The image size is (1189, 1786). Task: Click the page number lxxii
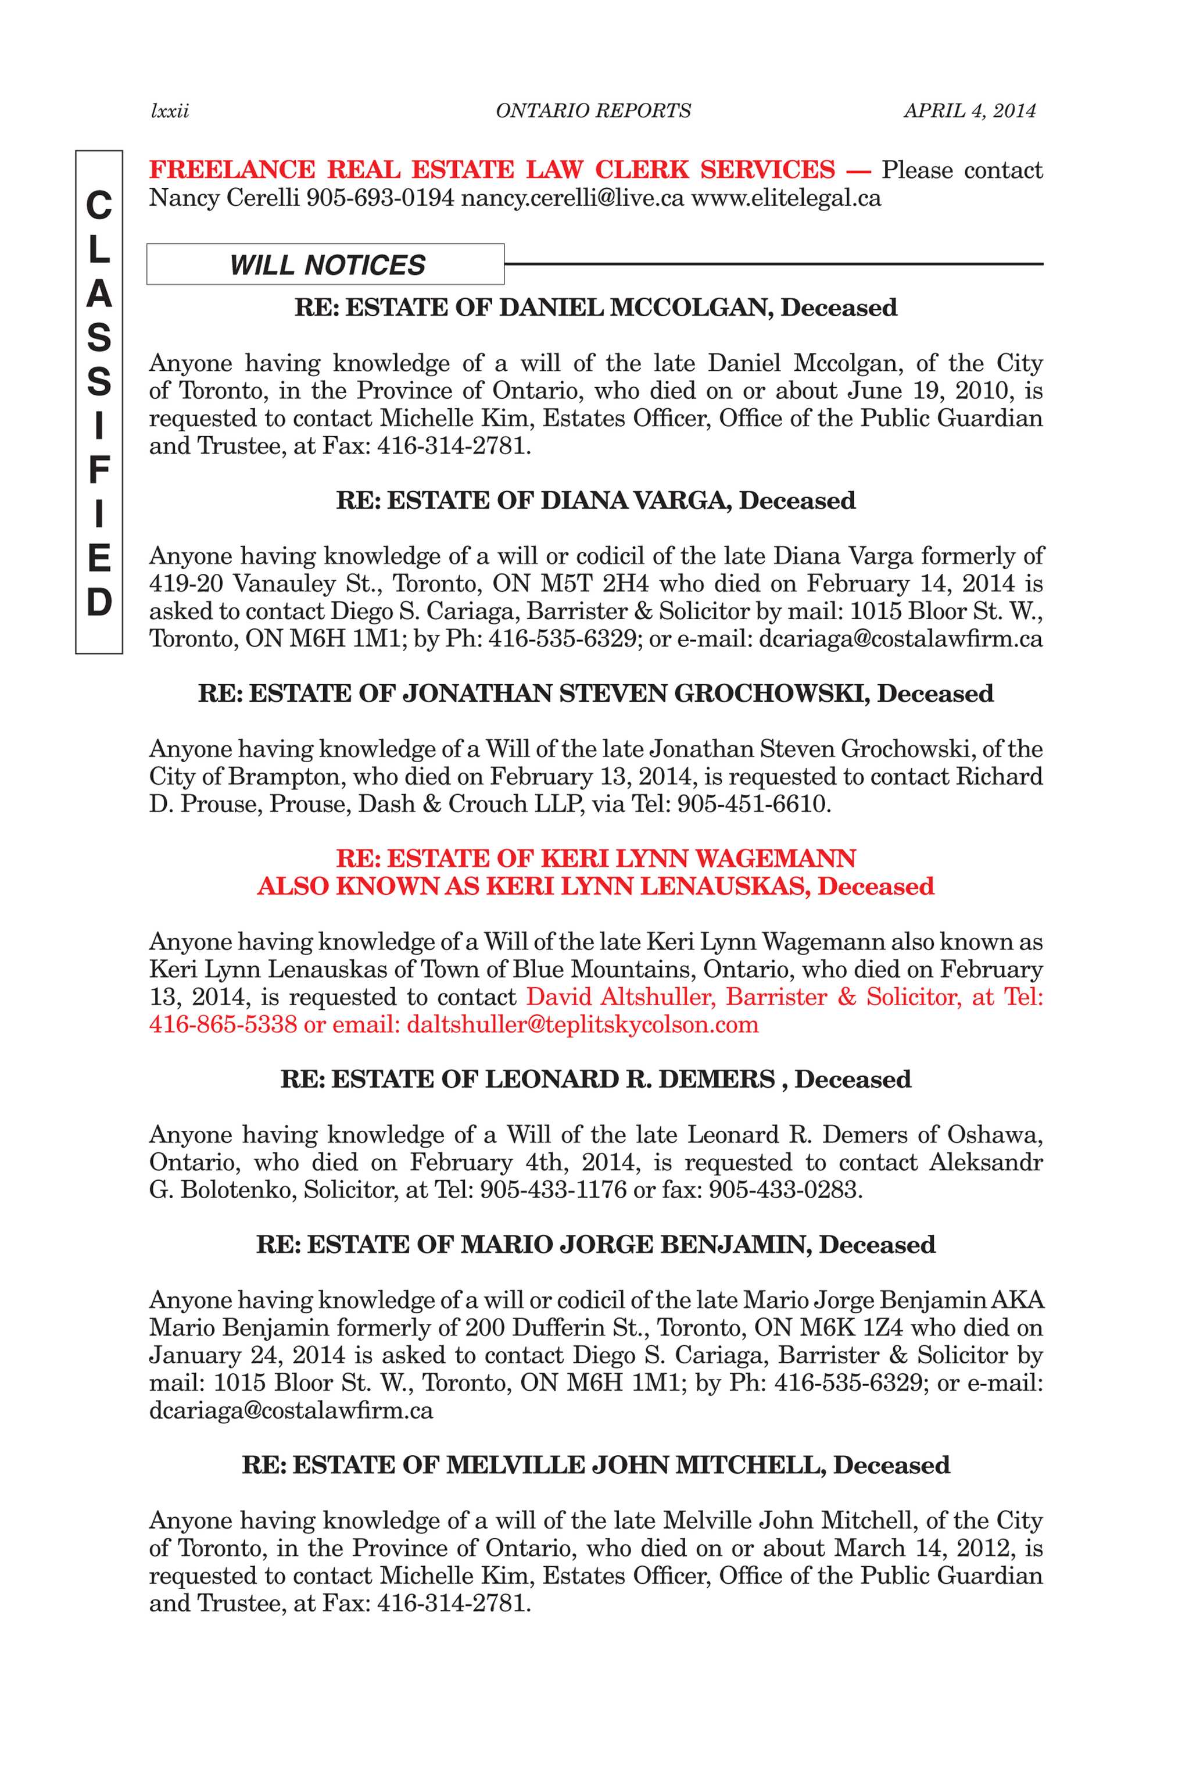coord(170,112)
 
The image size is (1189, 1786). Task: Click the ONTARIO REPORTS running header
coord(593,112)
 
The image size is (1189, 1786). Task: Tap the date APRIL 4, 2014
coord(969,112)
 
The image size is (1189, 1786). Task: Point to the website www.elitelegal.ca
coord(786,199)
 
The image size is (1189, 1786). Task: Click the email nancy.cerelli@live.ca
coord(572,199)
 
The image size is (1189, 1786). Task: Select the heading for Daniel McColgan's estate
coord(595,308)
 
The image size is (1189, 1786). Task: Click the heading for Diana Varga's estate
coord(595,501)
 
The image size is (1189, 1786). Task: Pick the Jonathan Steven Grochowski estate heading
coord(595,693)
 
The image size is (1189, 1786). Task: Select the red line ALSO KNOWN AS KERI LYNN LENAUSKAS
coord(595,886)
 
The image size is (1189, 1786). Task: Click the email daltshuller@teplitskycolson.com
coord(582,1024)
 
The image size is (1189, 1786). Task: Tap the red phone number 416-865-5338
coord(223,1024)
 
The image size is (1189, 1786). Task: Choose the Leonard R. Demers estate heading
coord(595,1079)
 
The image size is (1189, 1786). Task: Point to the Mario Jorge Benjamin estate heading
coord(595,1245)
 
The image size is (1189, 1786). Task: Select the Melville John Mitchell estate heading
coord(595,1464)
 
